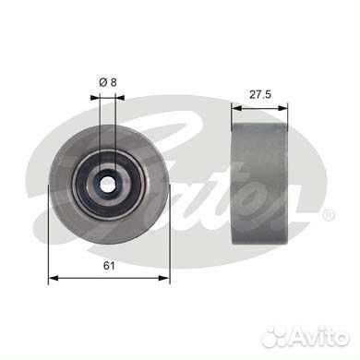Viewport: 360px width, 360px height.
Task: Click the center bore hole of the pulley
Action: tap(106, 180)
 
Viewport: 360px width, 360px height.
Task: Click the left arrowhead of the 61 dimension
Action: tap(51, 276)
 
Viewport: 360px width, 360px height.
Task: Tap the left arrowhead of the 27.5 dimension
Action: tap(234, 103)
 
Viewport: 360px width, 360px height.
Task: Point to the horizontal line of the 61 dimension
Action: tap(83, 276)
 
